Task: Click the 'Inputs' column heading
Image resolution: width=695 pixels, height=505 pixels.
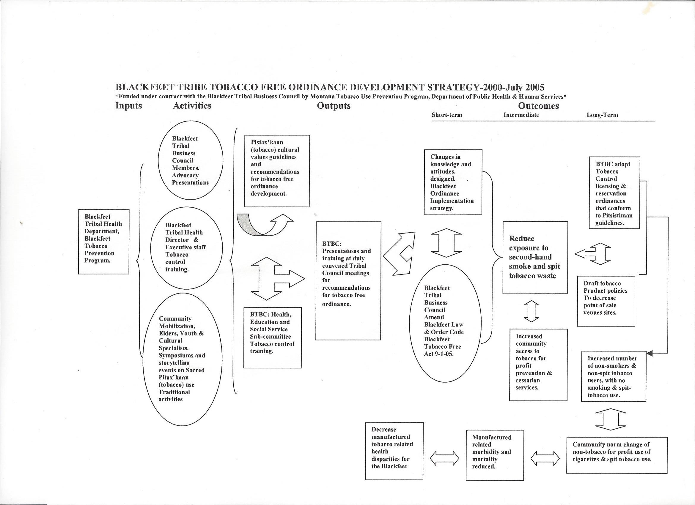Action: pyautogui.click(x=129, y=106)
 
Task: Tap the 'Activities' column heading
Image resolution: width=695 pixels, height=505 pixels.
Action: pyautogui.click(x=192, y=106)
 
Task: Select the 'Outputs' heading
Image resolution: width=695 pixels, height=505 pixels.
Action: pyautogui.click(x=334, y=106)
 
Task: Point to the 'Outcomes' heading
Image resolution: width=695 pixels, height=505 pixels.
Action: pyautogui.click(x=538, y=106)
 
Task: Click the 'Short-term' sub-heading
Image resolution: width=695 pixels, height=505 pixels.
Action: pyautogui.click(x=447, y=115)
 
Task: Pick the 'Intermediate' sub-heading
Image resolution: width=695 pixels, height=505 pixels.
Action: pyautogui.click(x=521, y=115)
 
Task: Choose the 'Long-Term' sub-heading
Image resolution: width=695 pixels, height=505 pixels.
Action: pyautogui.click(x=602, y=115)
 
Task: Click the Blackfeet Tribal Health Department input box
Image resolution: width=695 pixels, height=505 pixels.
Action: pyautogui.click(x=103, y=242)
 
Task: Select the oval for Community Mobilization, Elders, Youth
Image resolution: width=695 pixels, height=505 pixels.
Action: pyautogui.click(x=182, y=359)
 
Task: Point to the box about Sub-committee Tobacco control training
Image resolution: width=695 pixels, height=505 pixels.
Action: pyautogui.click(x=272, y=337)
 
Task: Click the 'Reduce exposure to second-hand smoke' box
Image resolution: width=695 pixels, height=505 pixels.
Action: pyautogui.click(x=535, y=257)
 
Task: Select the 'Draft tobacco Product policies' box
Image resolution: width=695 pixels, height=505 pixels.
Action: pyautogui.click(x=606, y=301)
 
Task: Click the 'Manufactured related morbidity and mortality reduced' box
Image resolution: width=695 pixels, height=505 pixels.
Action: pyautogui.click(x=495, y=455)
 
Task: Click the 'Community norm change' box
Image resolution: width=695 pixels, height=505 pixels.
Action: pyautogui.click(x=617, y=455)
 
